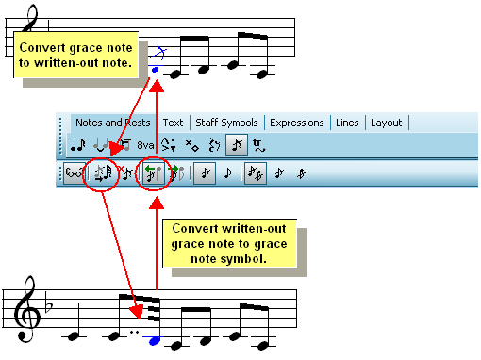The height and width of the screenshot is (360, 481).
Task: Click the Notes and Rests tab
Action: coord(112,123)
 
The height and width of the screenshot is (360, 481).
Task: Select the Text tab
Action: coord(173,123)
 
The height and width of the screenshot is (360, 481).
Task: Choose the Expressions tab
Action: coord(296,123)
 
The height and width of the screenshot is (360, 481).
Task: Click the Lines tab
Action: coord(347,123)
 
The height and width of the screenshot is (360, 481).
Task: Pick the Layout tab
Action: coord(386,123)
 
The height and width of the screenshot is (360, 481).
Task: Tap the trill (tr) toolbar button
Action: coord(259,145)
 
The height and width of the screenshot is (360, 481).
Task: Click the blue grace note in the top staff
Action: coord(156,69)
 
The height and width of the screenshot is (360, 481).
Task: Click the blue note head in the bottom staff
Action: coord(155,339)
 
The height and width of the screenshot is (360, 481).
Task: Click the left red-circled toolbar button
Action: coord(101,173)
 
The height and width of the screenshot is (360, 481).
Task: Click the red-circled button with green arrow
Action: coord(153,173)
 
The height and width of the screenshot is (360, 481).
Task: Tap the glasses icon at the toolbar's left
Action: coord(74,173)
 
